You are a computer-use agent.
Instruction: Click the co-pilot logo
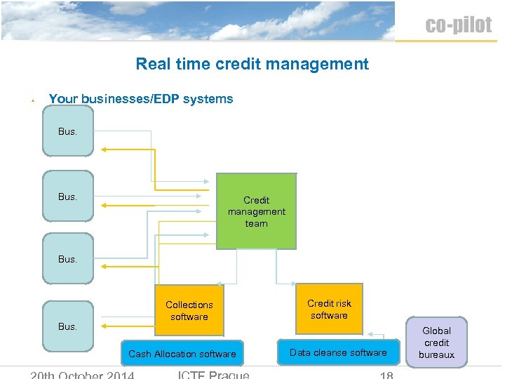coord(459,25)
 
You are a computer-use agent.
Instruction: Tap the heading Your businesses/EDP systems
coord(140,99)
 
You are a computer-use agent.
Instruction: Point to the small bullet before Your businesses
coord(33,101)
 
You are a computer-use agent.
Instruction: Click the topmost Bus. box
coord(67,131)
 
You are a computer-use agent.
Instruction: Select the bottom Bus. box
coord(67,326)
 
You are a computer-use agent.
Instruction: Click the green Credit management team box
coord(256,211)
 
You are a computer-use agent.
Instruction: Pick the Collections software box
coord(189,311)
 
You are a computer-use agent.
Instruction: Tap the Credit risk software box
coord(329,310)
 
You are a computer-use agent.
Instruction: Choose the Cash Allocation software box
coord(182,354)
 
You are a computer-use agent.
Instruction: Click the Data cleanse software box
coord(338,352)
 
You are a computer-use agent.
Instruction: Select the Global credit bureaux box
coord(436,343)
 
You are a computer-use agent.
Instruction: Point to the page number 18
coord(386,375)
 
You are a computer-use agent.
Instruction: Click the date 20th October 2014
coord(82,375)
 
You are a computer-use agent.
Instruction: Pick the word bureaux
coord(436,354)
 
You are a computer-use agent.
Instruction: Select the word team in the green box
coord(256,223)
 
